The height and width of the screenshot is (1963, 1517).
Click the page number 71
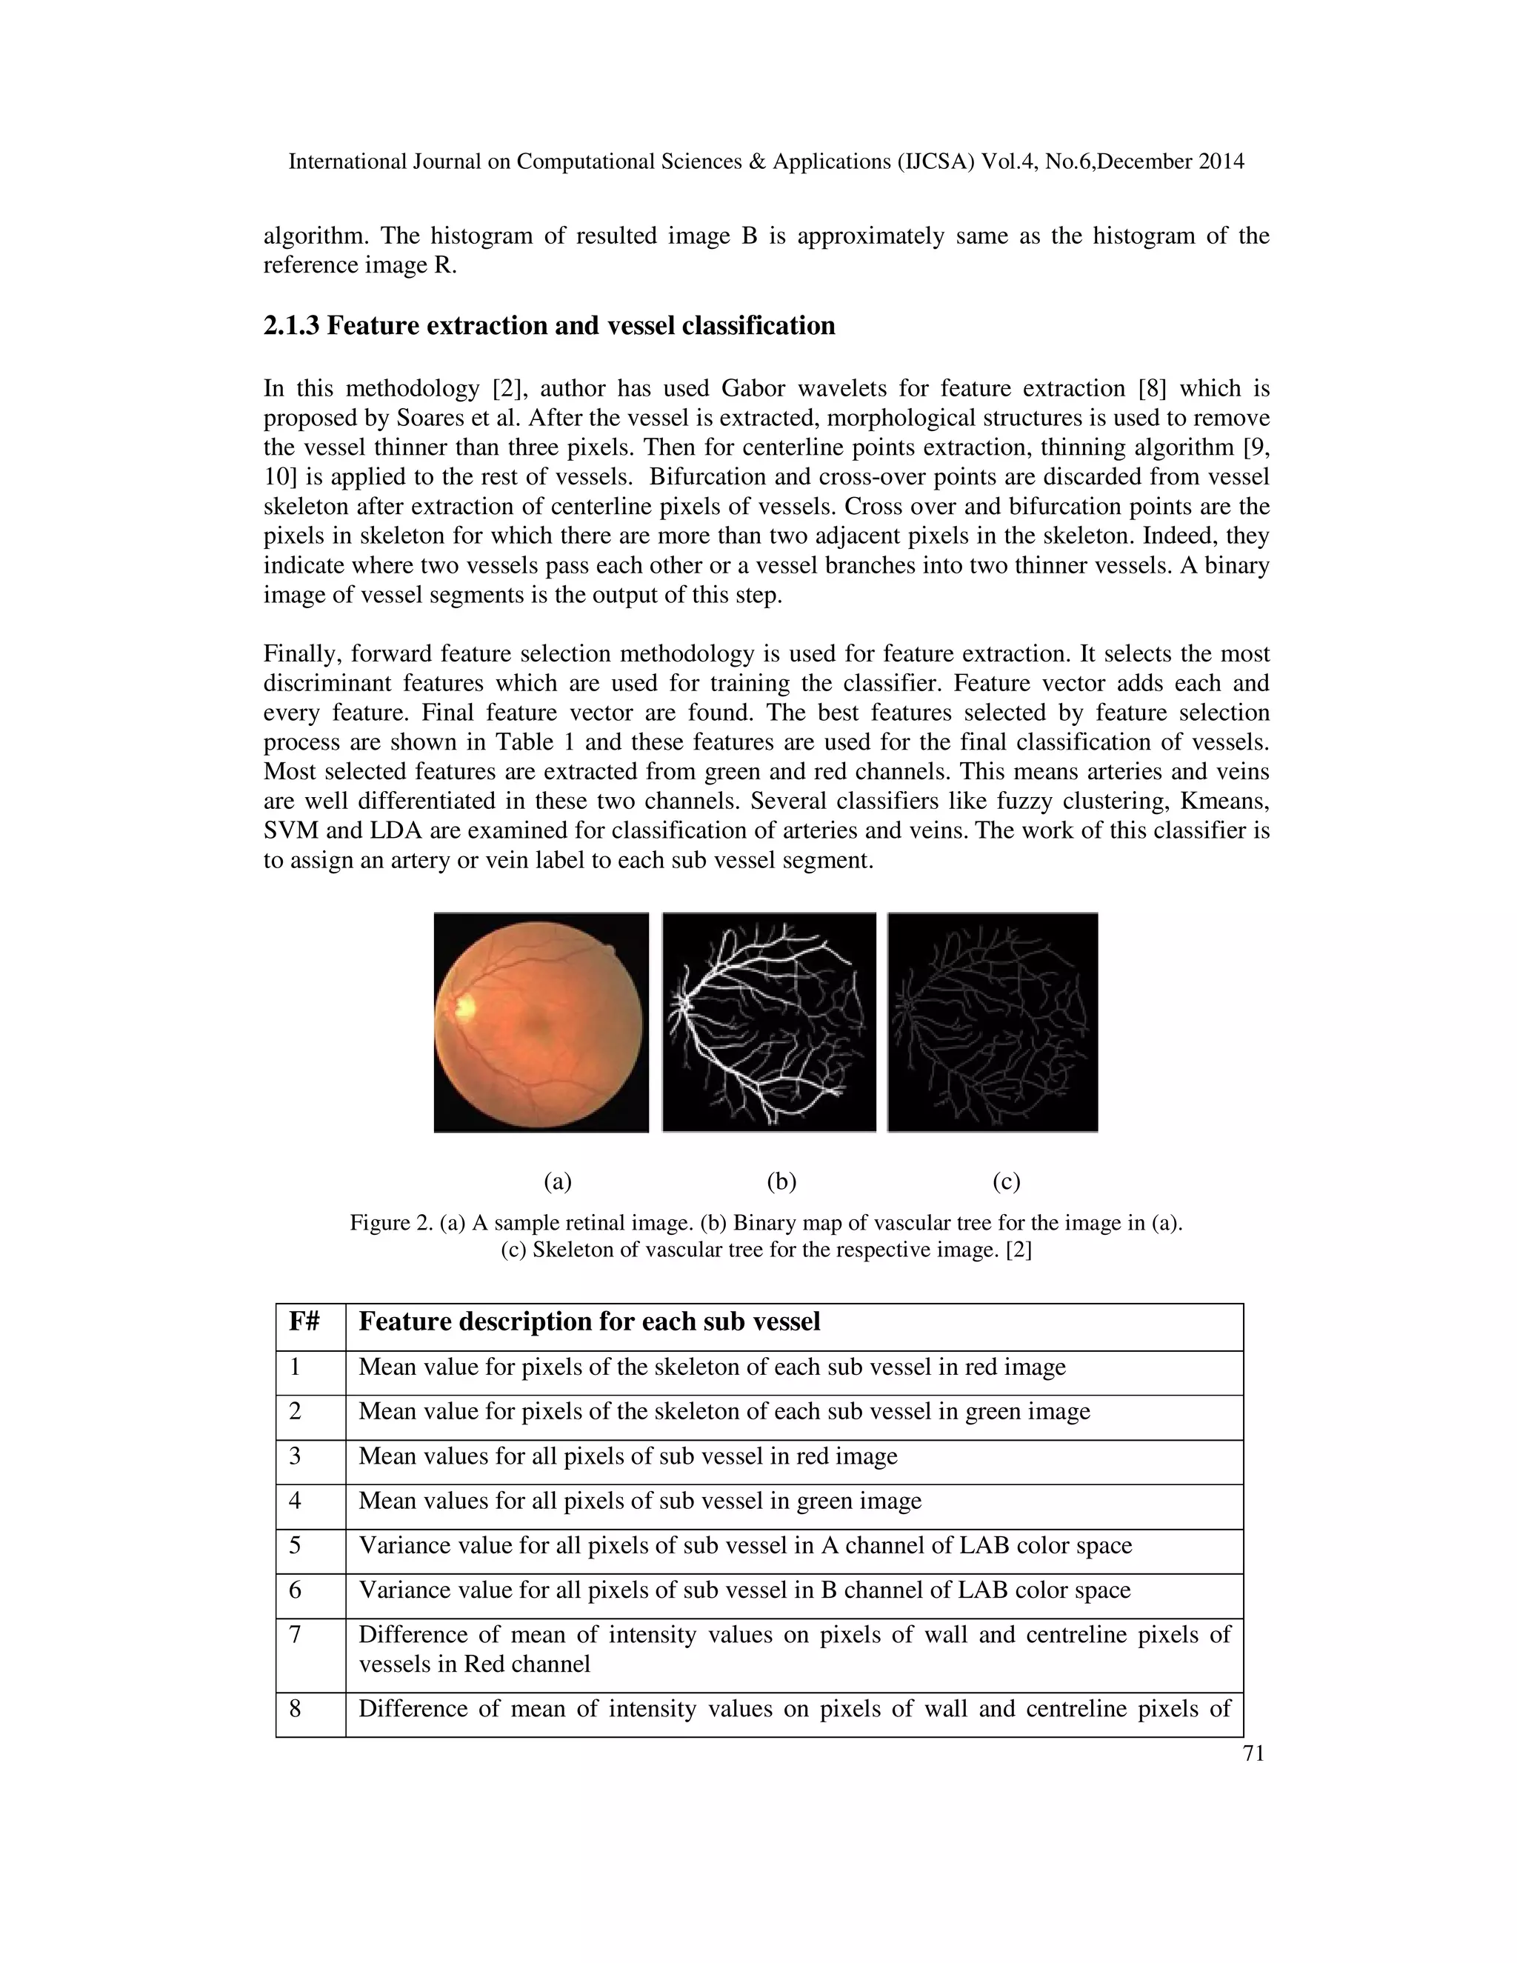pyautogui.click(x=1253, y=1753)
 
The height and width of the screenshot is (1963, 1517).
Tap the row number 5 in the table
pyautogui.click(x=295, y=1545)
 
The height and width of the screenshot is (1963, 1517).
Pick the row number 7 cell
pyautogui.click(x=295, y=1634)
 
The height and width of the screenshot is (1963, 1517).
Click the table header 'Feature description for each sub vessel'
pyautogui.click(x=589, y=1322)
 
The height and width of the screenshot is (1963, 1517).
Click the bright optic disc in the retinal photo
pyautogui.click(x=463, y=1007)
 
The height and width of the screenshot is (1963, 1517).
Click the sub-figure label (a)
pyautogui.click(x=558, y=1181)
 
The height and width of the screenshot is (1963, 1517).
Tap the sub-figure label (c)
pyautogui.click(x=1007, y=1181)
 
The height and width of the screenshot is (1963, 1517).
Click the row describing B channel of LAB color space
pyautogui.click(x=744, y=1590)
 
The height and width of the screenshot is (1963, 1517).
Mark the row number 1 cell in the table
pyautogui.click(x=295, y=1367)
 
